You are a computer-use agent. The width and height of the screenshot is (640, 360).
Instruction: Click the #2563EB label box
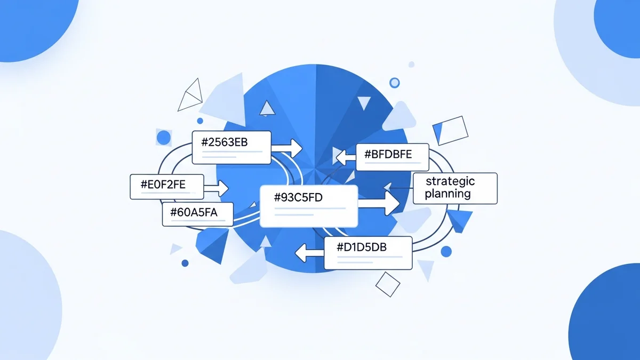231,147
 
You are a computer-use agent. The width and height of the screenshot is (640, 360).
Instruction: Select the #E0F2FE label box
166,187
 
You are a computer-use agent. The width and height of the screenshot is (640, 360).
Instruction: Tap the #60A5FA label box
197,214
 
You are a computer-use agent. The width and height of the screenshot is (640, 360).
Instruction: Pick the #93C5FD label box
308,205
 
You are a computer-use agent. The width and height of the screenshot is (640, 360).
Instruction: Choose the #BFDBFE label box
392,157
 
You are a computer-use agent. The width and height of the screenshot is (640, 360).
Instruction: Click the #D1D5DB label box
368,252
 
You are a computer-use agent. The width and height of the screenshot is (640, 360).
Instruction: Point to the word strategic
450,181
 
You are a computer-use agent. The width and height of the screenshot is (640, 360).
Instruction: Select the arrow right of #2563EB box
288,147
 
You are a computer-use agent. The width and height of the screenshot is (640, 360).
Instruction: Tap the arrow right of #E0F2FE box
218,187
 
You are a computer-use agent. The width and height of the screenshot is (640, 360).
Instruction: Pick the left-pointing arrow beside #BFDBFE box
344,157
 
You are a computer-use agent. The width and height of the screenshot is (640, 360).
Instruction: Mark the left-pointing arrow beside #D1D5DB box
309,252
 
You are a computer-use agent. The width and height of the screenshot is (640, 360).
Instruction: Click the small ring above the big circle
395,83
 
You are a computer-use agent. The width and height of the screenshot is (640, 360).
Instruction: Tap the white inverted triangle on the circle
364,102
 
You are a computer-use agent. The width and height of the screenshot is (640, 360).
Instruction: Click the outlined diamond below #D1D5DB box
388,284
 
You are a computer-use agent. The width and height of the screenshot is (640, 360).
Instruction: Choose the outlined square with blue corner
450,130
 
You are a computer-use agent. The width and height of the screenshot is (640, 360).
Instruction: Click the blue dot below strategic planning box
446,252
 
